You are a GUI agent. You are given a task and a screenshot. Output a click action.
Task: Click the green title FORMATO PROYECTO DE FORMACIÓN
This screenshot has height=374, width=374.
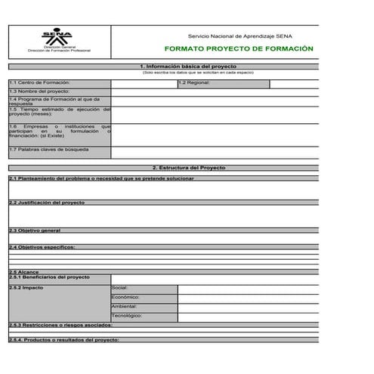pos(238,48)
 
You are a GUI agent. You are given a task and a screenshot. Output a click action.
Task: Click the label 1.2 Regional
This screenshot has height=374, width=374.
pos(195,82)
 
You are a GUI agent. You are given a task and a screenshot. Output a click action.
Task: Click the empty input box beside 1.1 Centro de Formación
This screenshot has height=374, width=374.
pos(144,82)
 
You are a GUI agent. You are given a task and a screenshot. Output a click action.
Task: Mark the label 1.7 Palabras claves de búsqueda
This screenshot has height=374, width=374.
pos(49,150)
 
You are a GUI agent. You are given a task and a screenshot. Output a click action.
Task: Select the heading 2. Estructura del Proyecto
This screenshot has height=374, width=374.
pos(189,167)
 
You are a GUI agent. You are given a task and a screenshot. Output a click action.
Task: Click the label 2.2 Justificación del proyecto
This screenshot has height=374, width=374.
pos(47,202)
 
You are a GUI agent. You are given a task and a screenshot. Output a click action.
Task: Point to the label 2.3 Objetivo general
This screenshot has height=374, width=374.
pos(35,230)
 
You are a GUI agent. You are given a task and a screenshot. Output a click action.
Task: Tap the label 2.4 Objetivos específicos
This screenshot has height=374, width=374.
pos(42,247)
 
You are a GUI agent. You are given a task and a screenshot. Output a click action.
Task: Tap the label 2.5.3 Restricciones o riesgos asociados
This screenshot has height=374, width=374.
pos(60,324)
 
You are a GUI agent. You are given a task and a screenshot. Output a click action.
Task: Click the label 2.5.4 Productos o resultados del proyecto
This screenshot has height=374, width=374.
pos(63,340)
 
